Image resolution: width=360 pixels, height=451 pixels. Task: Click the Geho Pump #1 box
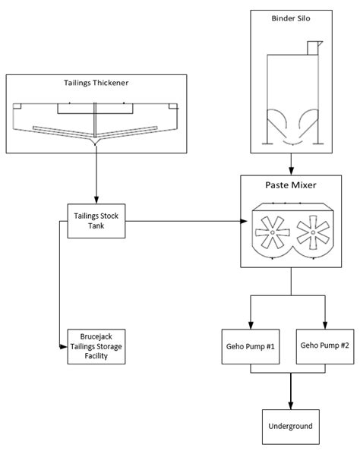tap(249, 347)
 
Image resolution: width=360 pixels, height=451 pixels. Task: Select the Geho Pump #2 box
tap(325, 346)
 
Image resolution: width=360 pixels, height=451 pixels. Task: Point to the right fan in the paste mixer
tap(311, 232)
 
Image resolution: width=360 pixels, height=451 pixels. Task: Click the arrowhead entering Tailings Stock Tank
tap(96, 199)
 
